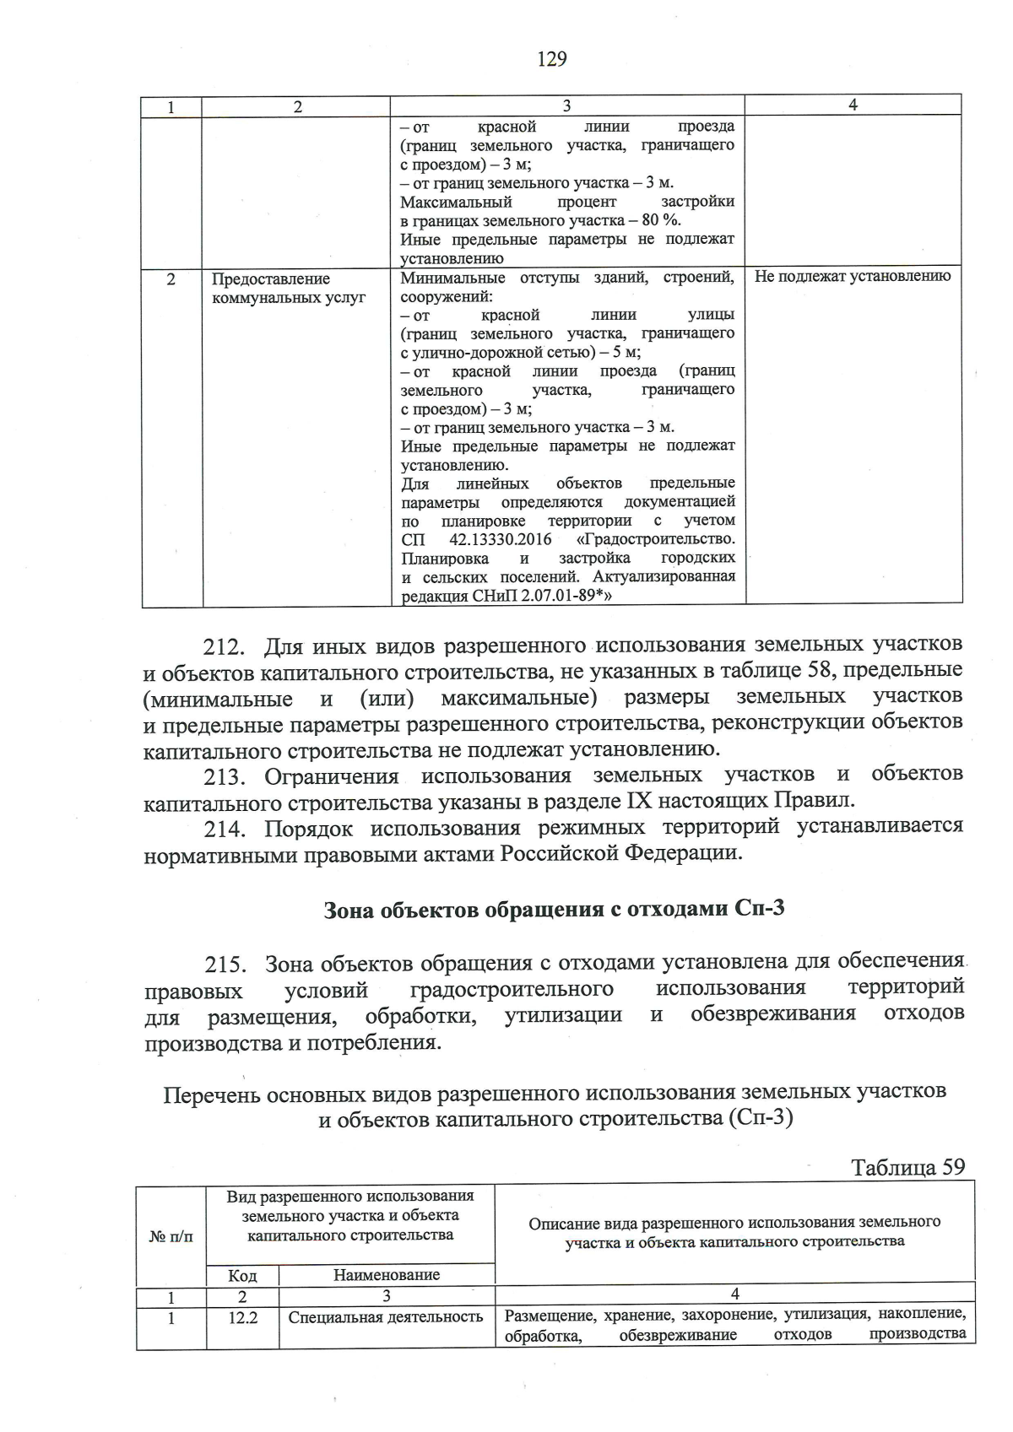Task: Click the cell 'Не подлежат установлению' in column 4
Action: click(x=852, y=276)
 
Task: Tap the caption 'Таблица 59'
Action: click(x=907, y=1167)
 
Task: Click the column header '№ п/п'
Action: click(x=171, y=1237)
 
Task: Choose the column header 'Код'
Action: click(x=242, y=1276)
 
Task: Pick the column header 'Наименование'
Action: click(x=387, y=1275)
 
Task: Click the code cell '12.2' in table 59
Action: click(x=242, y=1317)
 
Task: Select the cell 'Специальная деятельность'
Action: click(x=386, y=1317)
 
